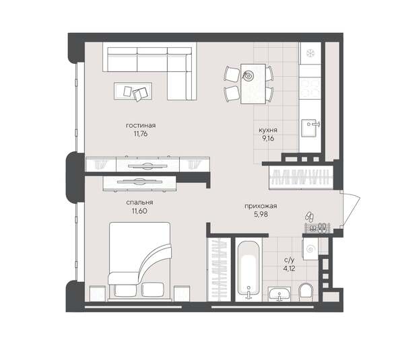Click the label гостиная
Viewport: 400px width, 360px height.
[141, 125]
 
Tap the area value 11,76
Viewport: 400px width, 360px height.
[141, 134]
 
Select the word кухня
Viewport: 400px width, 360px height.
[268, 131]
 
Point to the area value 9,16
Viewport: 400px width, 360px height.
[268, 139]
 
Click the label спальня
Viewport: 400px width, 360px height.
[139, 202]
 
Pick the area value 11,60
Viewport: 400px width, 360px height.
[139, 211]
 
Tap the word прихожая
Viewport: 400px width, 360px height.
[261, 207]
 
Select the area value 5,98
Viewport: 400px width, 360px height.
[261, 215]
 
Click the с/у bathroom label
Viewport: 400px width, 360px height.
[289, 260]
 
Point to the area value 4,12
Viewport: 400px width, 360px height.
[289, 268]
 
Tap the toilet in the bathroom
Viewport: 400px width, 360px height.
[304, 290]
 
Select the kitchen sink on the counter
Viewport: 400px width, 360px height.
[310, 124]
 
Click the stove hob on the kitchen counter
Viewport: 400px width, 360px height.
[310, 87]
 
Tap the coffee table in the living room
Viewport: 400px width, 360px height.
[133, 91]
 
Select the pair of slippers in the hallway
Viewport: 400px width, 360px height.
[309, 217]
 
